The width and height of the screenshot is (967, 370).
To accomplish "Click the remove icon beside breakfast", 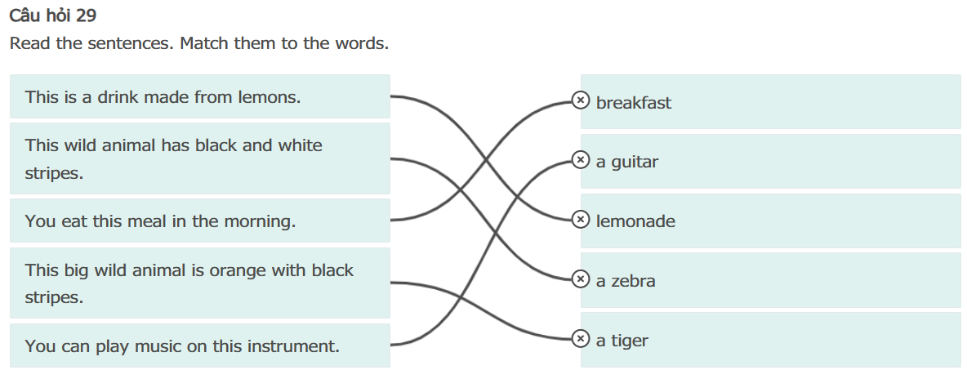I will pos(580,100).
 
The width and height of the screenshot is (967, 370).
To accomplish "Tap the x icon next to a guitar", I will pos(580,160).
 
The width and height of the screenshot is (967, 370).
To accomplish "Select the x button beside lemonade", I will pos(580,220).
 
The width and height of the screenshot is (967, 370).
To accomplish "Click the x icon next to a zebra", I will pos(580,279).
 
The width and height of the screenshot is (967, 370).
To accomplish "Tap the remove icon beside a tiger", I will pos(580,338).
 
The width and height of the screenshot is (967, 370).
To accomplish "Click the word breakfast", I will pos(634,103).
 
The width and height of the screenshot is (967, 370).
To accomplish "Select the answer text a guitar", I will pos(626,162).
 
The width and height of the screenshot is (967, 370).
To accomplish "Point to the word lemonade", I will pos(635,221).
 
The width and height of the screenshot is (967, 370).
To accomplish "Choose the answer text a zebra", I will pos(626,281).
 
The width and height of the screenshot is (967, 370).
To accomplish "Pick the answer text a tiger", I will pos(622,341).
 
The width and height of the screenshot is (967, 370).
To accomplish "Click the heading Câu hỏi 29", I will pos(53,16).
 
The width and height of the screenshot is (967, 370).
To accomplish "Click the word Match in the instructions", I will pos(204,42).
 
